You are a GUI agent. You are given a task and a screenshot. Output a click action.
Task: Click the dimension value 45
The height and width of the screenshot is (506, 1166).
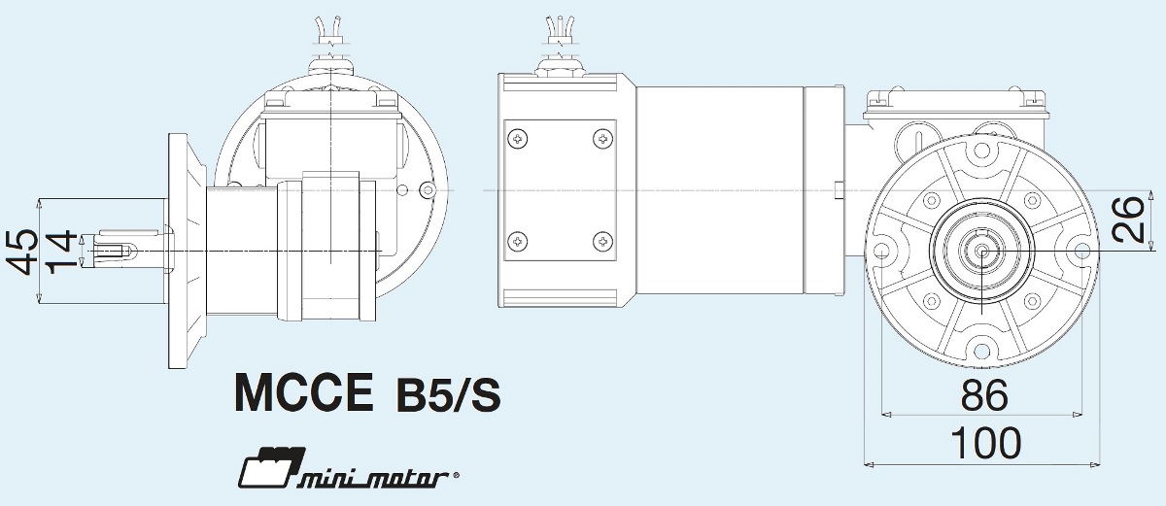click(x=26, y=252)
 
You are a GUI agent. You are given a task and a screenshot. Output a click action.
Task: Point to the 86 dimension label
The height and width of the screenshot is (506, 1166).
click(x=983, y=396)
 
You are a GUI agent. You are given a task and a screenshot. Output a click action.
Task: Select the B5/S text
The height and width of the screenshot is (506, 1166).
click(x=448, y=395)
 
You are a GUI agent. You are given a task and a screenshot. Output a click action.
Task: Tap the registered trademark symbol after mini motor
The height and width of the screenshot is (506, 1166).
click(x=456, y=477)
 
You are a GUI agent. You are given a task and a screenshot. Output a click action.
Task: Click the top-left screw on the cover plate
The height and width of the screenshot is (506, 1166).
click(x=517, y=140)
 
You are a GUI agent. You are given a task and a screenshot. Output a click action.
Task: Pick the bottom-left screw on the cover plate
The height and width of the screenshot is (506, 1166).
click(x=517, y=240)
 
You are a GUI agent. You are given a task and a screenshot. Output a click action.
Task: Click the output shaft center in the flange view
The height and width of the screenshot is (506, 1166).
click(x=982, y=252)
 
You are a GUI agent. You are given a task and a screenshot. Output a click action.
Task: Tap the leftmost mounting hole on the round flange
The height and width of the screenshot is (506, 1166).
click(x=881, y=252)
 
